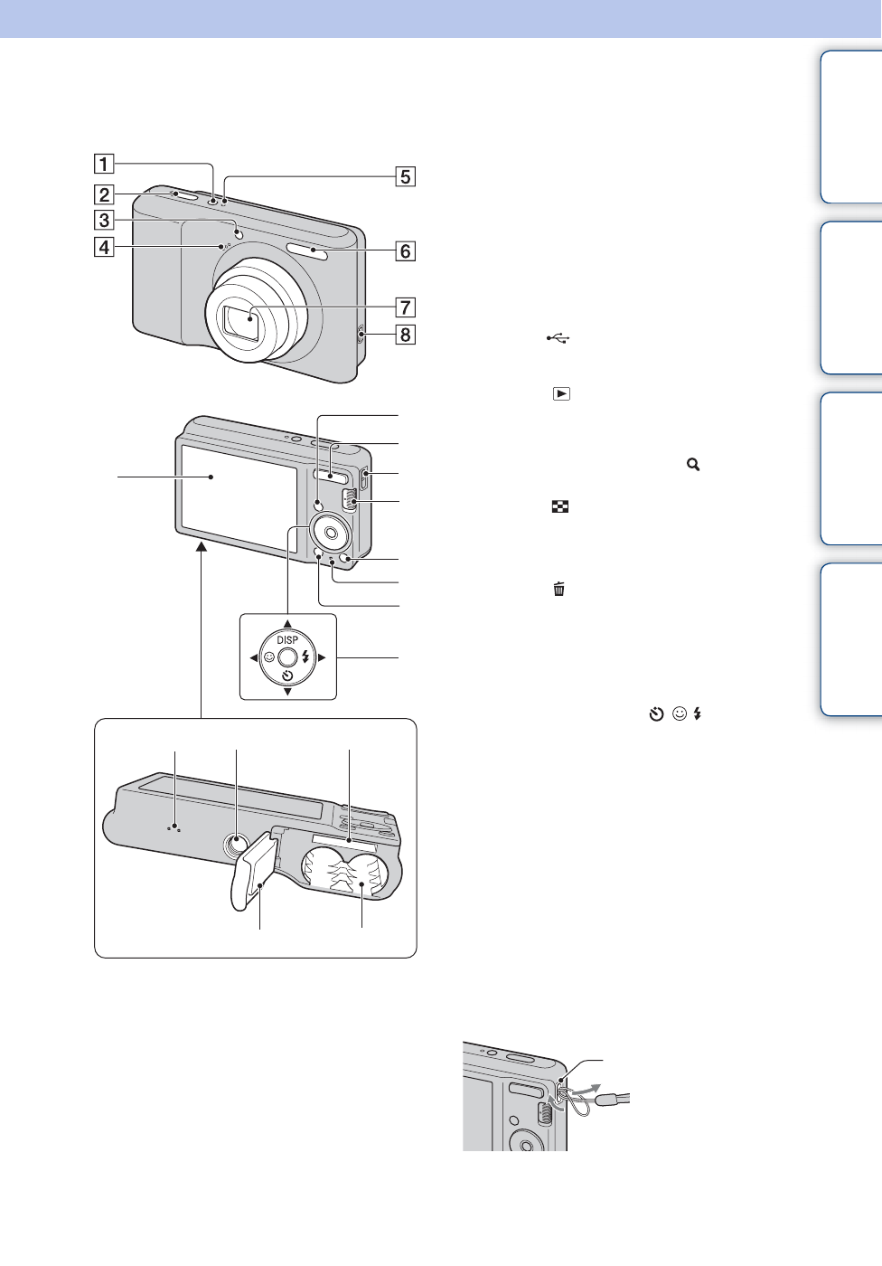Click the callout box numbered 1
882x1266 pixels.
click(x=105, y=164)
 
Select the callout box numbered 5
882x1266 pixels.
click(x=406, y=176)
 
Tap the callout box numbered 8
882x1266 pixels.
click(x=406, y=335)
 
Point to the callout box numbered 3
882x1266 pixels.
click(x=105, y=220)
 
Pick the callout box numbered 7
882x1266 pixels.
click(x=406, y=307)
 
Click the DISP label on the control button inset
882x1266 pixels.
click(x=287, y=640)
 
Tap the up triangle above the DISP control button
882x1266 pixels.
click(x=287, y=624)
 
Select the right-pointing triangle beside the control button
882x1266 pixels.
click(x=322, y=657)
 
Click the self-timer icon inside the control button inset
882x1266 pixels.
click(x=287, y=676)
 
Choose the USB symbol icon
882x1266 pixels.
click(x=558, y=338)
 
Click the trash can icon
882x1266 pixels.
click(x=559, y=590)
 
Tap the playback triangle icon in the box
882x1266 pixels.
click(x=561, y=394)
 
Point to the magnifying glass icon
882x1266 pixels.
click(x=693, y=464)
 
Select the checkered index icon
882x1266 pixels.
click(x=560, y=507)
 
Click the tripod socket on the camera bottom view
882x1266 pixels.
click(x=236, y=845)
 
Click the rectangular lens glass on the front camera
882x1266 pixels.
click(x=241, y=324)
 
